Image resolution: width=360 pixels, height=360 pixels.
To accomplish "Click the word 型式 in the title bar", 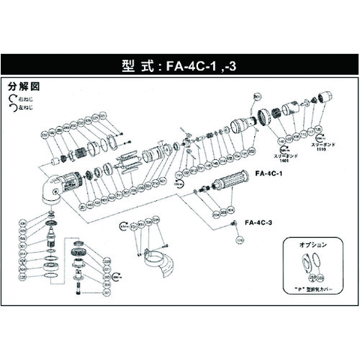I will point(135,64).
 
